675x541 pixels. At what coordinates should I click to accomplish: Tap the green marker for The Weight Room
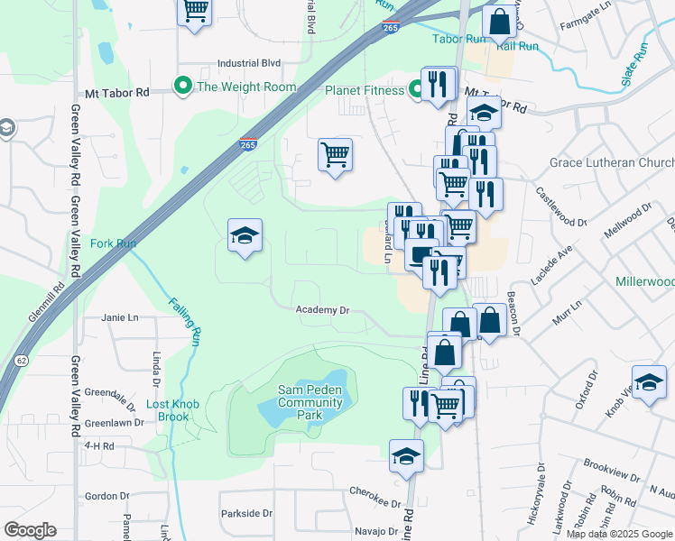(x=182, y=87)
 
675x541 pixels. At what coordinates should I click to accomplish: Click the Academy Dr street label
(x=323, y=309)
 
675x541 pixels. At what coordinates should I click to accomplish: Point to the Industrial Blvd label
(x=249, y=63)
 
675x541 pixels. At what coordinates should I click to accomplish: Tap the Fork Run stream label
(x=113, y=243)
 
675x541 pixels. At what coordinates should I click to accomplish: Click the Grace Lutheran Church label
(x=612, y=163)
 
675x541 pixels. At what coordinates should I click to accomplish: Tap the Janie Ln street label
(x=120, y=317)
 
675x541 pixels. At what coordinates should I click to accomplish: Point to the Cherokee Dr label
(x=376, y=503)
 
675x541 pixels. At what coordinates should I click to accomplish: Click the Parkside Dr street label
(x=246, y=513)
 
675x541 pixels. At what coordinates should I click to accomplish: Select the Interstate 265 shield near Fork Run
(x=247, y=143)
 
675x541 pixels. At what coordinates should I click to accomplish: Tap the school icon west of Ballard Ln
(x=245, y=235)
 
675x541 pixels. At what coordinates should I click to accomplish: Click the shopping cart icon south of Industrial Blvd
(x=335, y=154)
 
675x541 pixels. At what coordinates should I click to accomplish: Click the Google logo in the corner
(x=30, y=530)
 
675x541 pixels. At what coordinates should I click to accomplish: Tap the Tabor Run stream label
(x=458, y=40)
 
